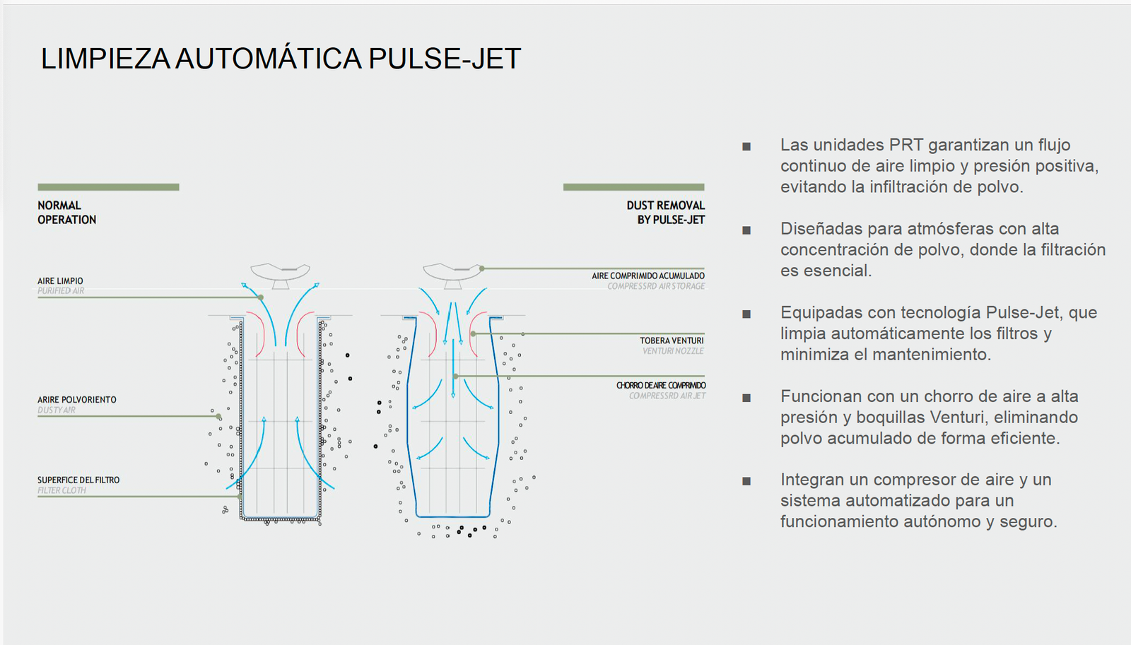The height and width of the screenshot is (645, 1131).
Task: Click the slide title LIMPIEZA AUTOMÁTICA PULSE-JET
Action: pos(281,59)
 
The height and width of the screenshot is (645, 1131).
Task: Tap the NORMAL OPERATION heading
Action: pos(66,213)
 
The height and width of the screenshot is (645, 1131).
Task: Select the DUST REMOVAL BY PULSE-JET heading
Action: pos(665,213)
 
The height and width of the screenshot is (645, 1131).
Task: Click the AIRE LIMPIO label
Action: pos(60,281)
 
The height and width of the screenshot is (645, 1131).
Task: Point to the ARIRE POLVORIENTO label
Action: pos(77,400)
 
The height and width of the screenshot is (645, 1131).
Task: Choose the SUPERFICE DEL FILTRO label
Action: pos(78,480)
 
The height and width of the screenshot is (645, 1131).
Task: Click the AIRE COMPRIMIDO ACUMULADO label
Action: pos(648,276)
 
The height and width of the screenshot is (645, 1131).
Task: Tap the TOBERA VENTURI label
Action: pos(672,341)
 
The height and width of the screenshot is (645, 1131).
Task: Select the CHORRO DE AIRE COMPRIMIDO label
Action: pos(661,386)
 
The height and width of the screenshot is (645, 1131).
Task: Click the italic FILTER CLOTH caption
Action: pos(61,491)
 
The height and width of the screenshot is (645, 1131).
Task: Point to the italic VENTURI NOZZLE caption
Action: pos(673,351)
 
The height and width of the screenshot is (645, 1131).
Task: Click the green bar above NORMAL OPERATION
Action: pos(108,187)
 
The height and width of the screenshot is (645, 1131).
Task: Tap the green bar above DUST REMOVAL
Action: pos(633,187)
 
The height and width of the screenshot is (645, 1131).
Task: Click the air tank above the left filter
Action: pos(281,273)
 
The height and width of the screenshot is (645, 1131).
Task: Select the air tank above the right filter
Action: pos(452,273)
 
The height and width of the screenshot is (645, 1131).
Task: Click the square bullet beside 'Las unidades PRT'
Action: pos(746,147)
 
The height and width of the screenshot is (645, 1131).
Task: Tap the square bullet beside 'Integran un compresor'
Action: pos(746,482)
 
